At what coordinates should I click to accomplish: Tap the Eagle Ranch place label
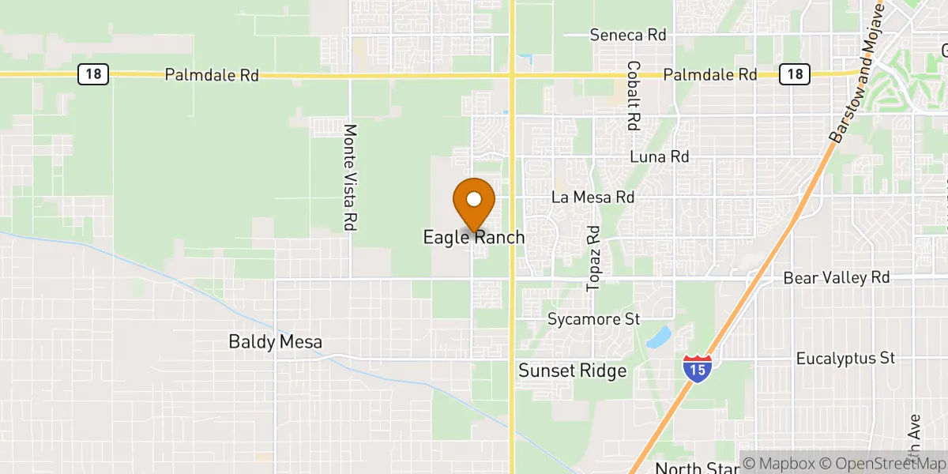tap(474, 237)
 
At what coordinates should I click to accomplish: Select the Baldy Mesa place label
tap(276, 342)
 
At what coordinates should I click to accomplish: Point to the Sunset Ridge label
tap(572, 371)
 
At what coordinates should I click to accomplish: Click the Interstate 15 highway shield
tap(698, 369)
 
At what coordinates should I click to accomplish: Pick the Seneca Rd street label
tap(628, 36)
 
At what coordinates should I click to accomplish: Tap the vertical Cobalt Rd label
tap(633, 96)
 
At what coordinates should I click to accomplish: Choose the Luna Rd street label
tap(659, 157)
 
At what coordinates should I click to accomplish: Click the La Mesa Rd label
tap(593, 197)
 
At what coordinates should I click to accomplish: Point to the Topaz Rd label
tap(593, 258)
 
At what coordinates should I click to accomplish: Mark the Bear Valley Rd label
tap(837, 278)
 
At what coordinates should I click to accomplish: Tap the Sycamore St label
tap(593, 320)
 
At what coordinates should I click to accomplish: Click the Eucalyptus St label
tap(845, 359)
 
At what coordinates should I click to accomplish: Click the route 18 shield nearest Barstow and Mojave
tap(794, 74)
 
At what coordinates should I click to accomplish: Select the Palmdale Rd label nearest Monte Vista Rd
tap(212, 76)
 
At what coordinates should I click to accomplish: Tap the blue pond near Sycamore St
tap(657, 337)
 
